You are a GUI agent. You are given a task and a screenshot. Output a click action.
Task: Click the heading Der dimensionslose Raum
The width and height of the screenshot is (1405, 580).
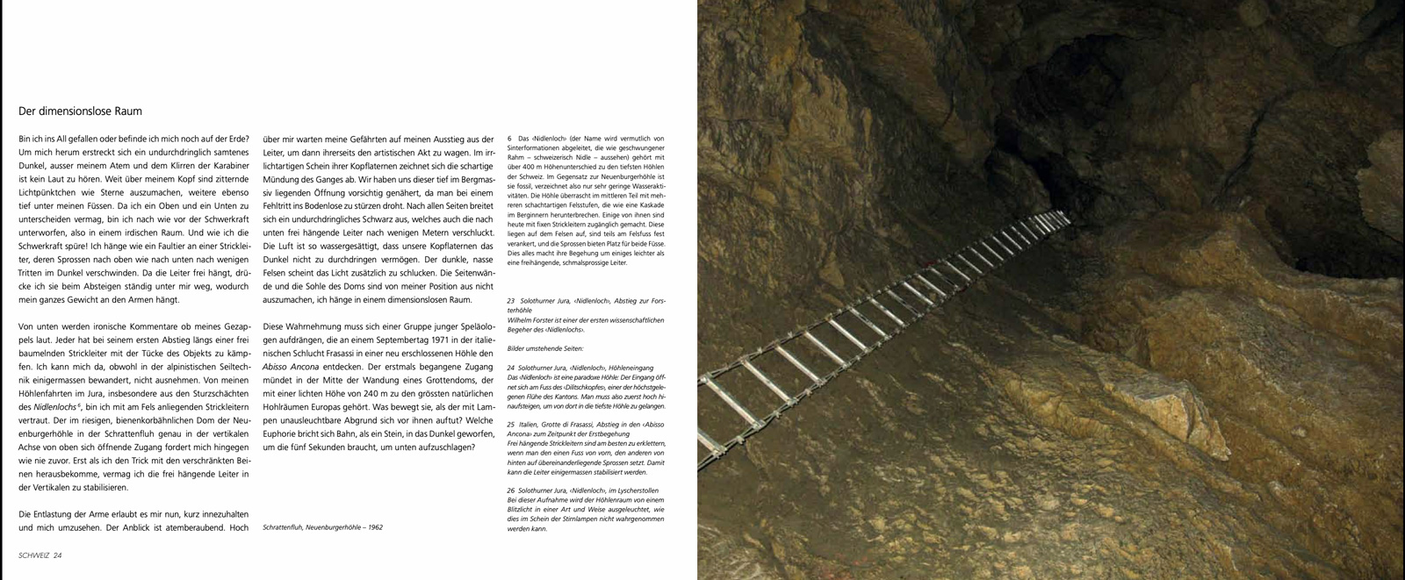(80, 111)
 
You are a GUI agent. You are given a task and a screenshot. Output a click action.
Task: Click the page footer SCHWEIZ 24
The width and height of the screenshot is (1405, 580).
(40, 555)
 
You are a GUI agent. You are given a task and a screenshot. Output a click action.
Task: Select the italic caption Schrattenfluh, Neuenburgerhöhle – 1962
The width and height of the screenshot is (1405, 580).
(322, 527)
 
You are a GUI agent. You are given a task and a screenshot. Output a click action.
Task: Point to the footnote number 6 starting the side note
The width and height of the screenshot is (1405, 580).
(509, 139)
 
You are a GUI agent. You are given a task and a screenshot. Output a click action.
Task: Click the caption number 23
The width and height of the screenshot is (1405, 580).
(511, 301)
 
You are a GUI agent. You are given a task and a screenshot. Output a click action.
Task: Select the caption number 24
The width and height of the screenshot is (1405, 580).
(511, 368)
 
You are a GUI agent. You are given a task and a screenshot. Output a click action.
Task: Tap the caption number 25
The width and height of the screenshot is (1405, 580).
(511, 425)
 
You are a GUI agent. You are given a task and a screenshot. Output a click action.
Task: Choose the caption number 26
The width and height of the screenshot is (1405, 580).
(511, 490)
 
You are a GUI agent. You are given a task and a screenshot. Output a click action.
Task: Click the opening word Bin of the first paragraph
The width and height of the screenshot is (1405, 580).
(25, 139)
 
